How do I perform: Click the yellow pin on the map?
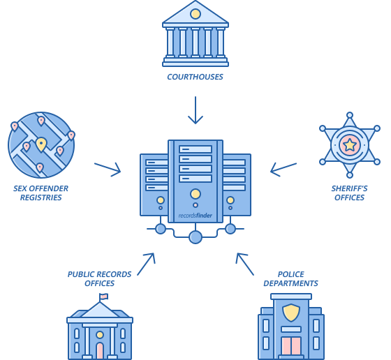(x=41, y=144)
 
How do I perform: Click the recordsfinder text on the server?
(x=195, y=216)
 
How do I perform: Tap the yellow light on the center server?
(x=195, y=193)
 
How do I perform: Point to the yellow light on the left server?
(x=161, y=200)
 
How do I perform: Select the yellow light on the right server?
(x=230, y=200)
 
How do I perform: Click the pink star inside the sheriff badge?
(x=350, y=145)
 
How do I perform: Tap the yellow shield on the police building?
(x=291, y=311)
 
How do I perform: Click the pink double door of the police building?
(x=291, y=346)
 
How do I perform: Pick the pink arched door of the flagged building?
(x=100, y=350)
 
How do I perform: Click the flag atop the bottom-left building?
(x=104, y=297)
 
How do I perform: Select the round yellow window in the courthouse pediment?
(x=195, y=13)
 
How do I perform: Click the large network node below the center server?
(x=195, y=237)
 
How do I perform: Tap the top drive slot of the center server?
(x=195, y=149)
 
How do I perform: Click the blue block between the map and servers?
(x=108, y=170)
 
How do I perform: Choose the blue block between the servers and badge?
(x=283, y=170)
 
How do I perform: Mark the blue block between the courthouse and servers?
(x=195, y=110)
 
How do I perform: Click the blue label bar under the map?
(x=40, y=193)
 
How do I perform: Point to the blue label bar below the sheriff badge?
(x=349, y=193)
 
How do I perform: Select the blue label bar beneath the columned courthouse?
(x=195, y=77)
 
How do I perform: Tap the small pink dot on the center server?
(x=195, y=205)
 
